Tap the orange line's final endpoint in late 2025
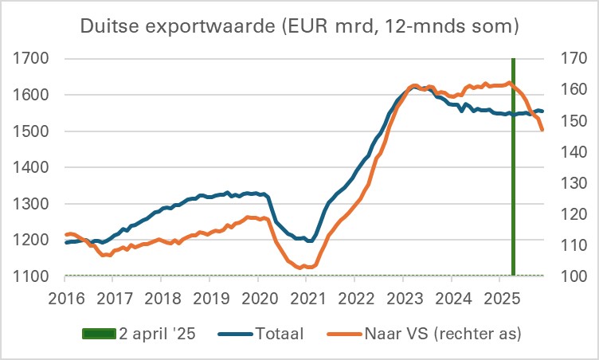(x=542, y=130)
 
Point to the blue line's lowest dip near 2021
(x=308, y=241)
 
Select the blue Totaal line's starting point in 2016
(x=66, y=242)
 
